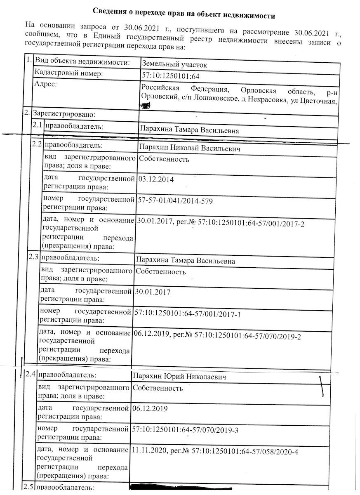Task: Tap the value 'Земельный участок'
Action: pos(174,64)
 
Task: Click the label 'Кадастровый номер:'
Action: pos(68,73)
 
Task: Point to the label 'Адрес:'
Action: pos(46,84)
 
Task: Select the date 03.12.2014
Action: pos(156,179)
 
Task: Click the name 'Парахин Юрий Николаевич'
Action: pos(180,377)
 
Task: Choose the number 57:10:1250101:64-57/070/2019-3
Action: pos(185,430)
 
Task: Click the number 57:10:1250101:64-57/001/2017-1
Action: pos(187,315)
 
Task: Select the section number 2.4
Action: pos(30,375)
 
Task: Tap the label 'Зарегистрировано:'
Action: pos(64,113)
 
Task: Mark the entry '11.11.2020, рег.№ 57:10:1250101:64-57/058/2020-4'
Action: pos(214,452)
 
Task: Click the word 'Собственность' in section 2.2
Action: pos(164,159)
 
